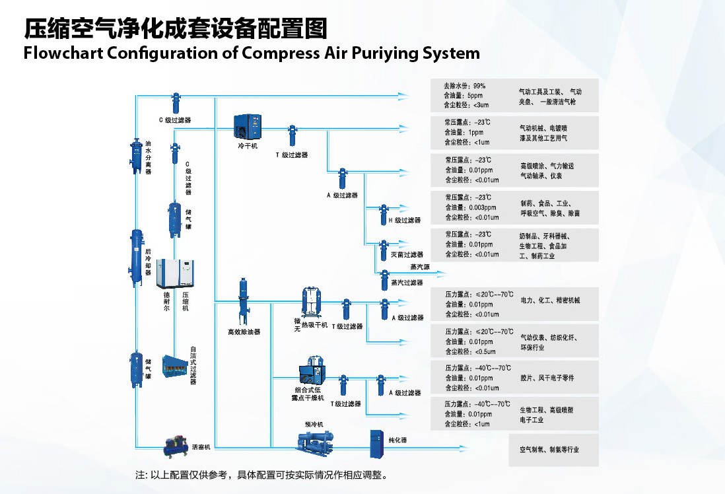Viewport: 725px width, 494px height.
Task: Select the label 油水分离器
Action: coord(148,157)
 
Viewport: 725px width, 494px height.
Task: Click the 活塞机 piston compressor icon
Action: coord(176,446)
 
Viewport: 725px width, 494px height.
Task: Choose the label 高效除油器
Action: coord(244,332)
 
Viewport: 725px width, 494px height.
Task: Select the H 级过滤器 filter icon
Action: coord(384,214)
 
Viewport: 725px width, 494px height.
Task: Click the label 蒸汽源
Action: coord(419,267)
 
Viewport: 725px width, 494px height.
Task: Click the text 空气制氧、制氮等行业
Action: coord(549,450)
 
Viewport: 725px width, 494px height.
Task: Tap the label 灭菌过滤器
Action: coord(407,254)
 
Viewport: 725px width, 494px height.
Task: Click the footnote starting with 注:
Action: coord(261,475)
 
